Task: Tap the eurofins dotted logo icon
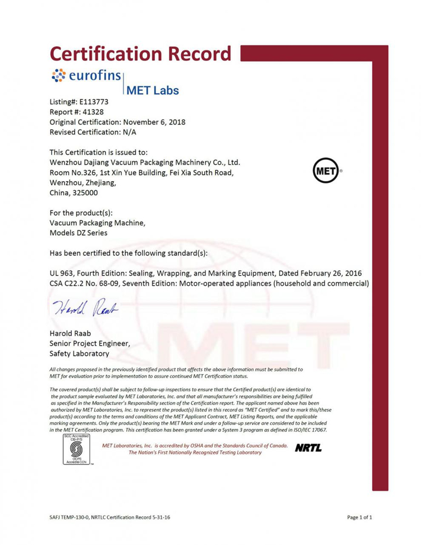pyautogui.click(x=58, y=76)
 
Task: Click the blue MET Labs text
pyautogui.click(x=153, y=90)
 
